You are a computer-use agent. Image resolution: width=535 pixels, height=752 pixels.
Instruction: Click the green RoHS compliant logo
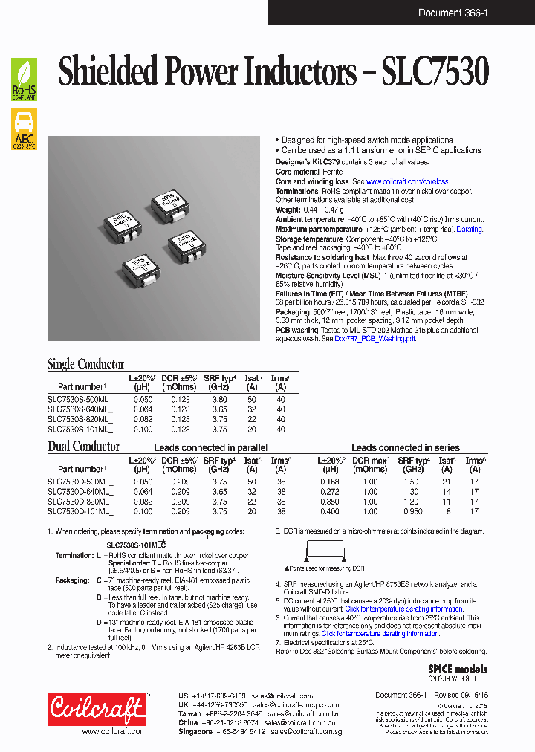point(24,80)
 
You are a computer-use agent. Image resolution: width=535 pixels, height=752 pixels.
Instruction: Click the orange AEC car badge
point(24,129)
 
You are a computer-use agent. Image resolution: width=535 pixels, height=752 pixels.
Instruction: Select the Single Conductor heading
point(85,364)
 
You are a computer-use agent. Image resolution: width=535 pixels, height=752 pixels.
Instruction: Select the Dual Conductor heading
point(83,447)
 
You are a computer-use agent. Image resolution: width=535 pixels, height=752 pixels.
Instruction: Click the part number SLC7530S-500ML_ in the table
point(80,400)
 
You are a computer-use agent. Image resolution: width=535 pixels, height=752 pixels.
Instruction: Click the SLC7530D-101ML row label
point(80,511)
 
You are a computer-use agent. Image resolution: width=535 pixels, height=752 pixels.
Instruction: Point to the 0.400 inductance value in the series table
point(331,511)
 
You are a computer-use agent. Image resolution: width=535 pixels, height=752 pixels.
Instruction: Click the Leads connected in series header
point(405,448)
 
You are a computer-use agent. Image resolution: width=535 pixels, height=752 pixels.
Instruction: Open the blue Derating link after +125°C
point(469,230)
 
